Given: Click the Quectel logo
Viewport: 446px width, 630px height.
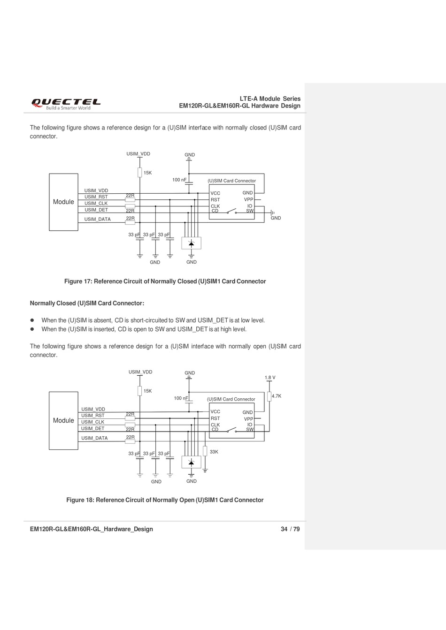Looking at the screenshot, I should [x=66, y=104].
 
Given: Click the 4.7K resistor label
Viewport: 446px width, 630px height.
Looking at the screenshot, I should [x=277, y=396].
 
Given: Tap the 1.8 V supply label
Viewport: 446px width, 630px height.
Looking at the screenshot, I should [x=270, y=378].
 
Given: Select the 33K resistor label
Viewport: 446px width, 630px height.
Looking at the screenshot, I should [x=214, y=452].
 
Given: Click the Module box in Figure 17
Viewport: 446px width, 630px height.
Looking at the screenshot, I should [x=63, y=202].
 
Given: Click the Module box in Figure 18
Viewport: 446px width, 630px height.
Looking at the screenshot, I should [x=63, y=421].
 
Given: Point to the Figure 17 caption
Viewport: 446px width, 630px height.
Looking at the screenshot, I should [x=165, y=281].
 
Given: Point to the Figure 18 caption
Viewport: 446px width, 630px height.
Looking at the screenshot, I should [x=165, y=500].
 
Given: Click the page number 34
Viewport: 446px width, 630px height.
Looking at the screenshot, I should [x=284, y=529].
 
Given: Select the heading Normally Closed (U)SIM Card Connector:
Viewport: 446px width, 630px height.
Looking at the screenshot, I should [x=87, y=304].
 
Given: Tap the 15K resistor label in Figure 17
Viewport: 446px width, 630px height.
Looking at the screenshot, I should [x=148, y=173].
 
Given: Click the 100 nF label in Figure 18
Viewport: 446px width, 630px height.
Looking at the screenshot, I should [x=181, y=398].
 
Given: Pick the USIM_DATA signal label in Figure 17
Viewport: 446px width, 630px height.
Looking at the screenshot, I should [x=98, y=220].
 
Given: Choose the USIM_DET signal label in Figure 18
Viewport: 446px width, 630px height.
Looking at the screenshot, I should [x=93, y=429].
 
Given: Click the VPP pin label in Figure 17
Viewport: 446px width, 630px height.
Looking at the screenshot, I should [x=248, y=200].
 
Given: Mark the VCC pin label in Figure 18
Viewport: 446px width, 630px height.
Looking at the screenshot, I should [x=215, y=412].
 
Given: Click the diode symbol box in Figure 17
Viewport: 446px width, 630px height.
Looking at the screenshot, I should [x=191, y=243].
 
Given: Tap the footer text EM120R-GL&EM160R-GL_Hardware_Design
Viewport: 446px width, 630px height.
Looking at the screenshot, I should [x=92, y=529].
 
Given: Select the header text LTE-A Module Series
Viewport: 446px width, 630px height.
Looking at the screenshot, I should [x=270, y=99].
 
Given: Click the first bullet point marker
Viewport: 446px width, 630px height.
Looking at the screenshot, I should [x=33, y=320].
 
